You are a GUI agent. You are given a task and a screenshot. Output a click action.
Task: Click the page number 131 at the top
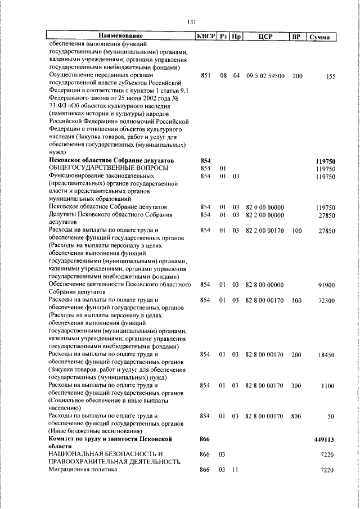pos(191,22)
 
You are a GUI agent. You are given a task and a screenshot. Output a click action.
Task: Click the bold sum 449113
pos(325,438)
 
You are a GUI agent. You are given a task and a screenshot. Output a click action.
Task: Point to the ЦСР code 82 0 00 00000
pos(264,207)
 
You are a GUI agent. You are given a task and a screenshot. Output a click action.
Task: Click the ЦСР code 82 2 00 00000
pos(264,215)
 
